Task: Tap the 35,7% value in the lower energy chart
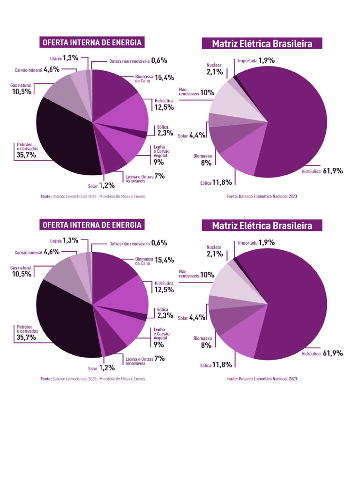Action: pos(26,337)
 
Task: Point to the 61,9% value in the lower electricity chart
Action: pos(332,353)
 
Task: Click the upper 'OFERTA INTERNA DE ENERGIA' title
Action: pos(92,43)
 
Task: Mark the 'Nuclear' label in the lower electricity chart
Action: pos(214,247)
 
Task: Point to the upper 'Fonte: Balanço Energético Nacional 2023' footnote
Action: pos(262,196)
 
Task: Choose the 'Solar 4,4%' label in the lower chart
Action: pos(191,318)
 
